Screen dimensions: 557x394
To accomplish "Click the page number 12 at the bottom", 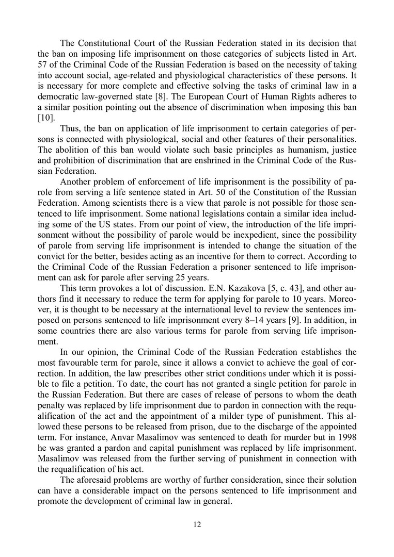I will [197, 525].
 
